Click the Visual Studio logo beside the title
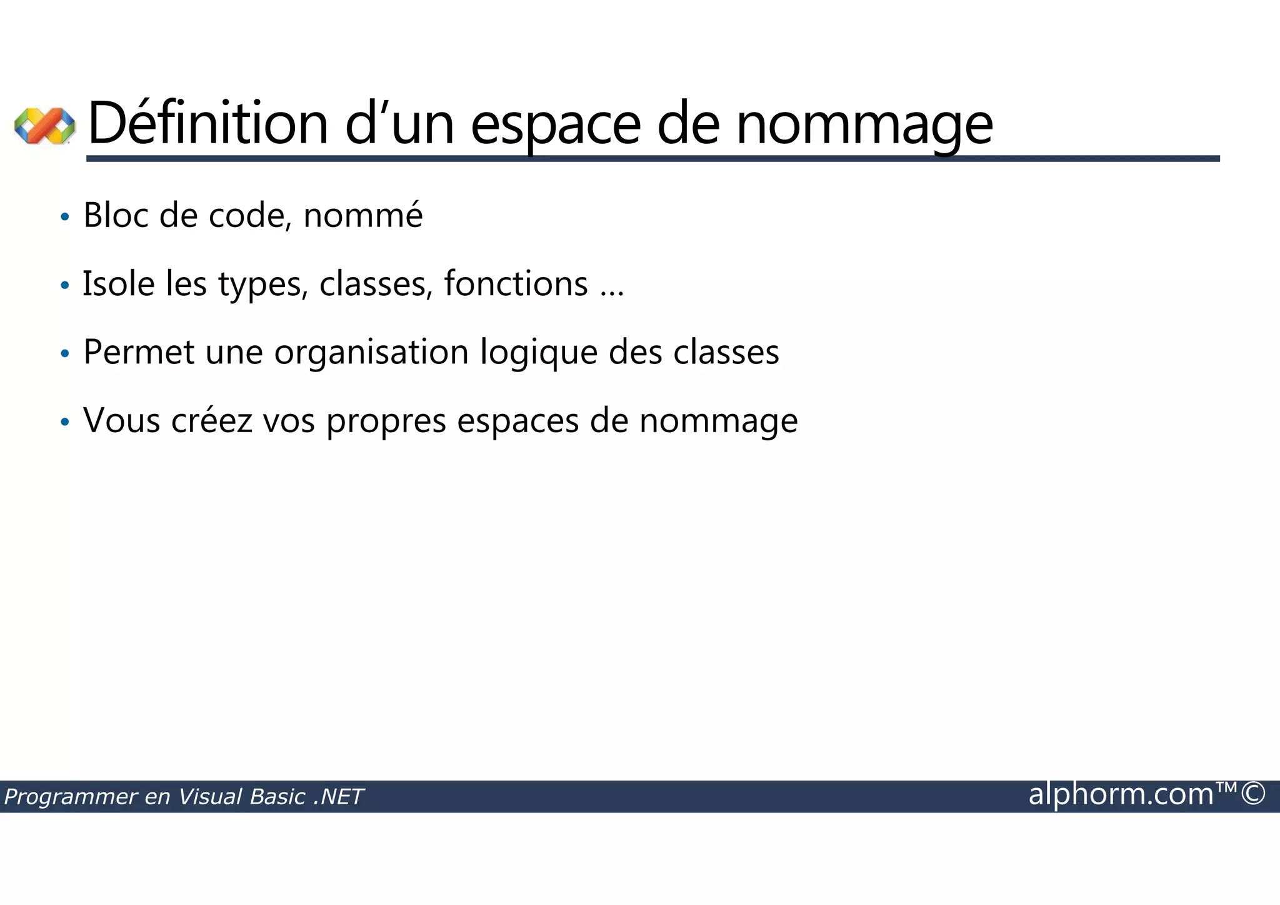[x=44, y=125]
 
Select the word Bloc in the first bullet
[x=116, y=215]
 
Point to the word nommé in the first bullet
[x=362, y=215]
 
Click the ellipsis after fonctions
[x=612, y=293]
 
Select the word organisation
[x=371, y=353]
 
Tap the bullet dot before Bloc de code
[x=64, y=218]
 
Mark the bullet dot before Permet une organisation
[x=64, y=354]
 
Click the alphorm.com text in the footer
[x=1121, y=794]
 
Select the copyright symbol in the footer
[x=1253, y=794]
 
